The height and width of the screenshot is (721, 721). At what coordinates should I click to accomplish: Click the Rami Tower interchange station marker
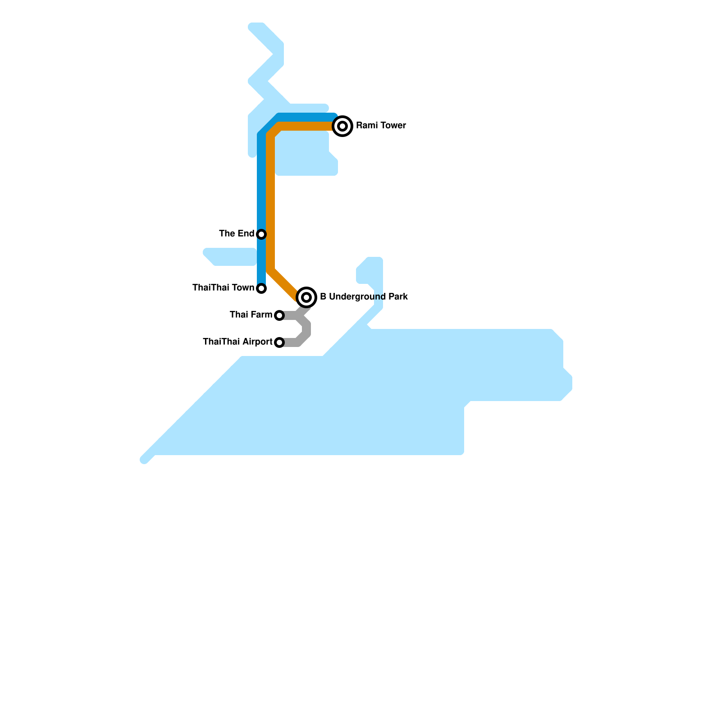[x=342, y=126]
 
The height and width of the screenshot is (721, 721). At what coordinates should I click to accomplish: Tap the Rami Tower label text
[x=381, y=126]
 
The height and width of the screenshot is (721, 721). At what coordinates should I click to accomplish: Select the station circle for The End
[x=261, y=234]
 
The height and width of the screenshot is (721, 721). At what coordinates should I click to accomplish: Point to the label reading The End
[x=237, y=233]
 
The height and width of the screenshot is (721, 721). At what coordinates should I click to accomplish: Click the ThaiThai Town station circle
[x=261, y=288]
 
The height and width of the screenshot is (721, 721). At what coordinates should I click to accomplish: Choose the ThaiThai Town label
[x=223, y=287]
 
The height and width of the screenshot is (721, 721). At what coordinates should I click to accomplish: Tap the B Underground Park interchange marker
[x=306, y=297]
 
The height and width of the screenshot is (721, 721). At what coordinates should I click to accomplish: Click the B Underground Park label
[x=364, y=297]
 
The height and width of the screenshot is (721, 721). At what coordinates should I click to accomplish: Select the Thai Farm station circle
[x=279, y=315]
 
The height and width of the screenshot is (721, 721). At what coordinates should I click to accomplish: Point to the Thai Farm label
[x=251, y=315]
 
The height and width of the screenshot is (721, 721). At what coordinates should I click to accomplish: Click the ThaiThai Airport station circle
[x=279, y=342]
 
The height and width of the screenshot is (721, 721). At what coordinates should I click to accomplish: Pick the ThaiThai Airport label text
[x=237, y=342]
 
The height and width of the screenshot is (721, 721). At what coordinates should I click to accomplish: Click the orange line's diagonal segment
[x=284, y=284]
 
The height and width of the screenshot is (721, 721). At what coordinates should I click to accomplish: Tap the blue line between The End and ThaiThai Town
[x=261, y=261]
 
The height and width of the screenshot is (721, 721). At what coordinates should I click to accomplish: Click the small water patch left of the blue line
[x=230, y=257]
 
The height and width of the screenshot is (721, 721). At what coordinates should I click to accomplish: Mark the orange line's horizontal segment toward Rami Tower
[x=306, y=126]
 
